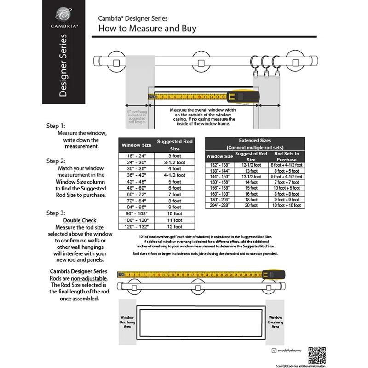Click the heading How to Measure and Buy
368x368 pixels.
pos(148,29)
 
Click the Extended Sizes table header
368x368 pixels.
pos(255,143)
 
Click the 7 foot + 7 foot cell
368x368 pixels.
pos(287,182)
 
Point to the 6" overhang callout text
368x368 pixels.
pos(137,117)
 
